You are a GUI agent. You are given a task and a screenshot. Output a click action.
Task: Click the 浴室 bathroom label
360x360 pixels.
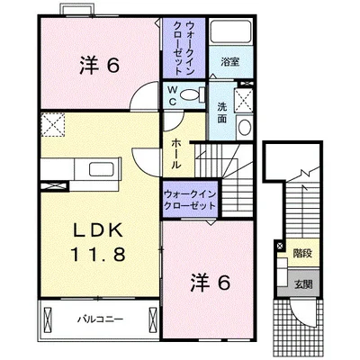click(x=229, y=62)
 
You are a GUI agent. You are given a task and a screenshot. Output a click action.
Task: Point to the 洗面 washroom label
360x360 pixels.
click(x=221, y=113)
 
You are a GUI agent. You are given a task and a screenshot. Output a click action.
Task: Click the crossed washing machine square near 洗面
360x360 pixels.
click(x=242, y=98)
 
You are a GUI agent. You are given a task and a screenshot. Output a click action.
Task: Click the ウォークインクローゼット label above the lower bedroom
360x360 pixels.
click(x=190, y=200)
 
